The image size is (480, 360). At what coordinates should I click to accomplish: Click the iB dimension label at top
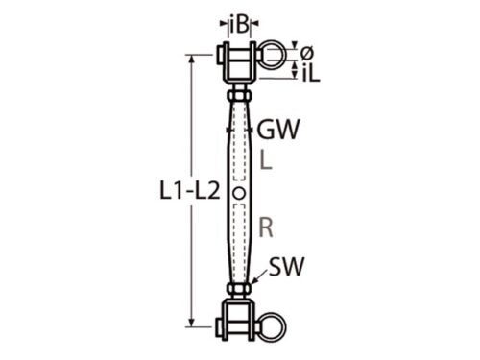click(239, 26)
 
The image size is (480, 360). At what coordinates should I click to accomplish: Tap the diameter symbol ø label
click(307, 53)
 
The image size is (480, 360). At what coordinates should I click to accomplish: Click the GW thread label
click(278, 129)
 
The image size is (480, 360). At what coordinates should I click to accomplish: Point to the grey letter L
click(266, 160)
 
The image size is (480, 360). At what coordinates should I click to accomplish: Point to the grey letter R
click(266, 228)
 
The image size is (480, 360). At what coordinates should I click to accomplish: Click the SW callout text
click(286, 266)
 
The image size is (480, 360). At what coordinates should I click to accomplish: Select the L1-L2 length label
click(190, 191)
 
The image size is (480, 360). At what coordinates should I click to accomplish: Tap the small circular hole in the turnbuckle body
click(239, 193)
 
